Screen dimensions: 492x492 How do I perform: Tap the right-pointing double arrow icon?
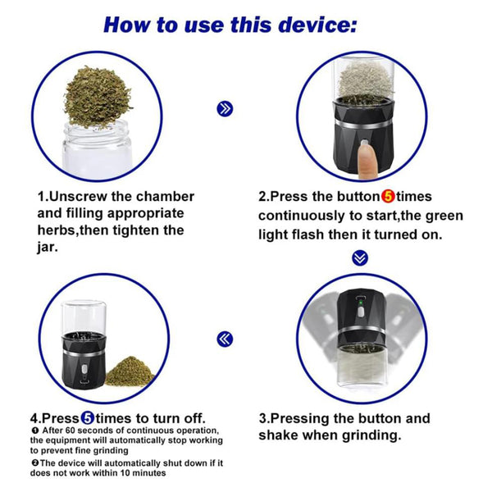coord(225,109)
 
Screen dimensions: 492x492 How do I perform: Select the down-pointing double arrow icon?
coord(360,258)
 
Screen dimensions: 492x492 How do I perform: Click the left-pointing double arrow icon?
coord(225,339)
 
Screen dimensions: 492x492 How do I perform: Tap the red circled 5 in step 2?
coord(388,197)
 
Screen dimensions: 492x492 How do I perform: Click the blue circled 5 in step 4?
coord(88,418)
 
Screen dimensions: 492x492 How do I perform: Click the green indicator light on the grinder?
coord(361,303)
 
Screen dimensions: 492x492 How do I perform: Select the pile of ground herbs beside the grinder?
coord(130,371)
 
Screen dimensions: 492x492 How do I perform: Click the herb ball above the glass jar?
coord(97,98)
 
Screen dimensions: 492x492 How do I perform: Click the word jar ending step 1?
coord(48,248)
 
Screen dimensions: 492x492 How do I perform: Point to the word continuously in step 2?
coord(301,216)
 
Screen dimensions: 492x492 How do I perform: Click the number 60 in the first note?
coord(74,430)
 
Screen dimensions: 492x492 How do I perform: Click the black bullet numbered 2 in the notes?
coord(34,462)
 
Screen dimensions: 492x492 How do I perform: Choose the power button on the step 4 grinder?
coord(84,368)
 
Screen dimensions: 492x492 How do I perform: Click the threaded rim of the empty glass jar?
coord(97,132)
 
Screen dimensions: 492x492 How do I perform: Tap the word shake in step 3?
coord(278,435)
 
